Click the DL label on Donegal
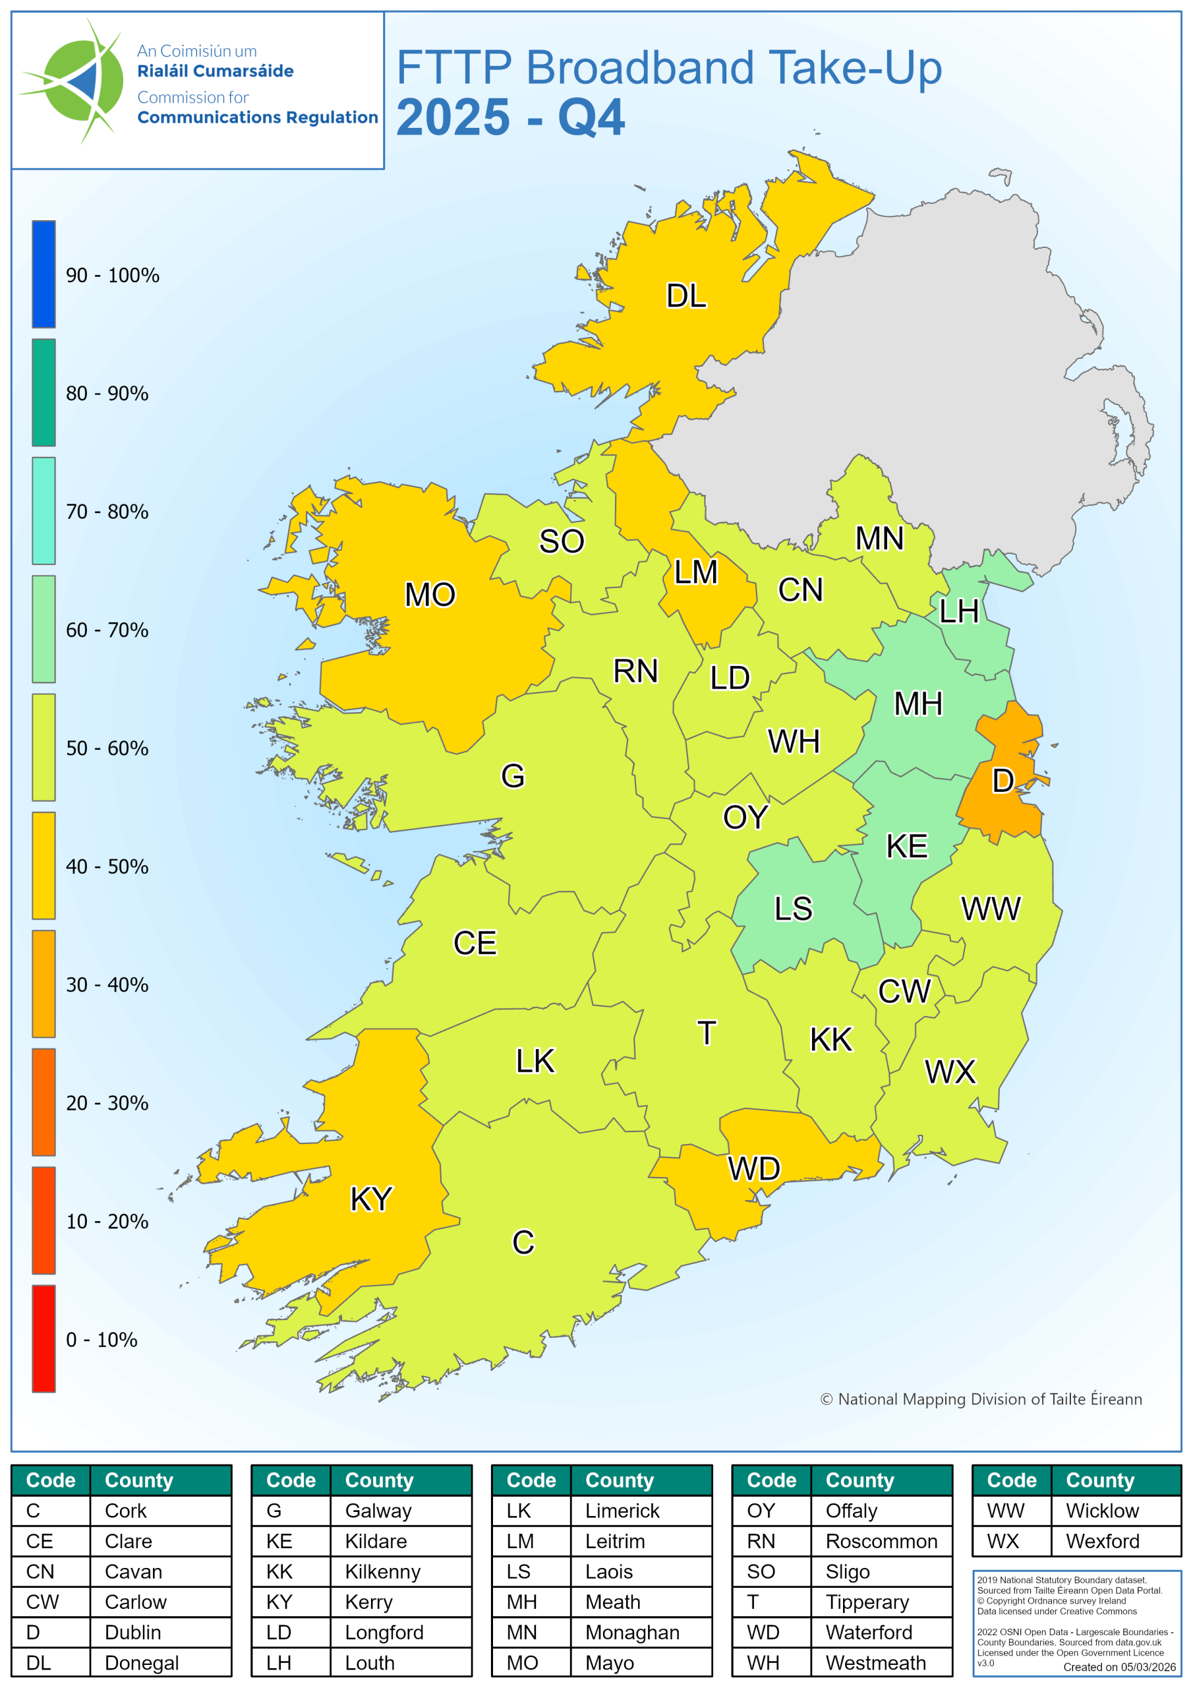click(685, 295)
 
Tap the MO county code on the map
click(430, 594)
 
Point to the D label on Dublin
click(1003, 780)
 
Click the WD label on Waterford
click(753, 1168)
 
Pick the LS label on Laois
click(793, 909)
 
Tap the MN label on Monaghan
click(879, 538)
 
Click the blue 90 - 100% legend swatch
click(44, 274)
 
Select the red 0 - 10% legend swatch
click(44, 1338)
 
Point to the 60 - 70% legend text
click(107, 630)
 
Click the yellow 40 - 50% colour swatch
click(44, 865)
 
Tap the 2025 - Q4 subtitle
click(510, 117)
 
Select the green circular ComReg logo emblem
click(81, 81)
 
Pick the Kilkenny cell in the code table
click(382, 1571)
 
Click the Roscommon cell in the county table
click(881, 1541)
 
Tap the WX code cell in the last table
click(1003, 1541)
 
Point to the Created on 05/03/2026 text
click(1119, 1667)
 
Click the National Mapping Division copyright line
click(981, 1399)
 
